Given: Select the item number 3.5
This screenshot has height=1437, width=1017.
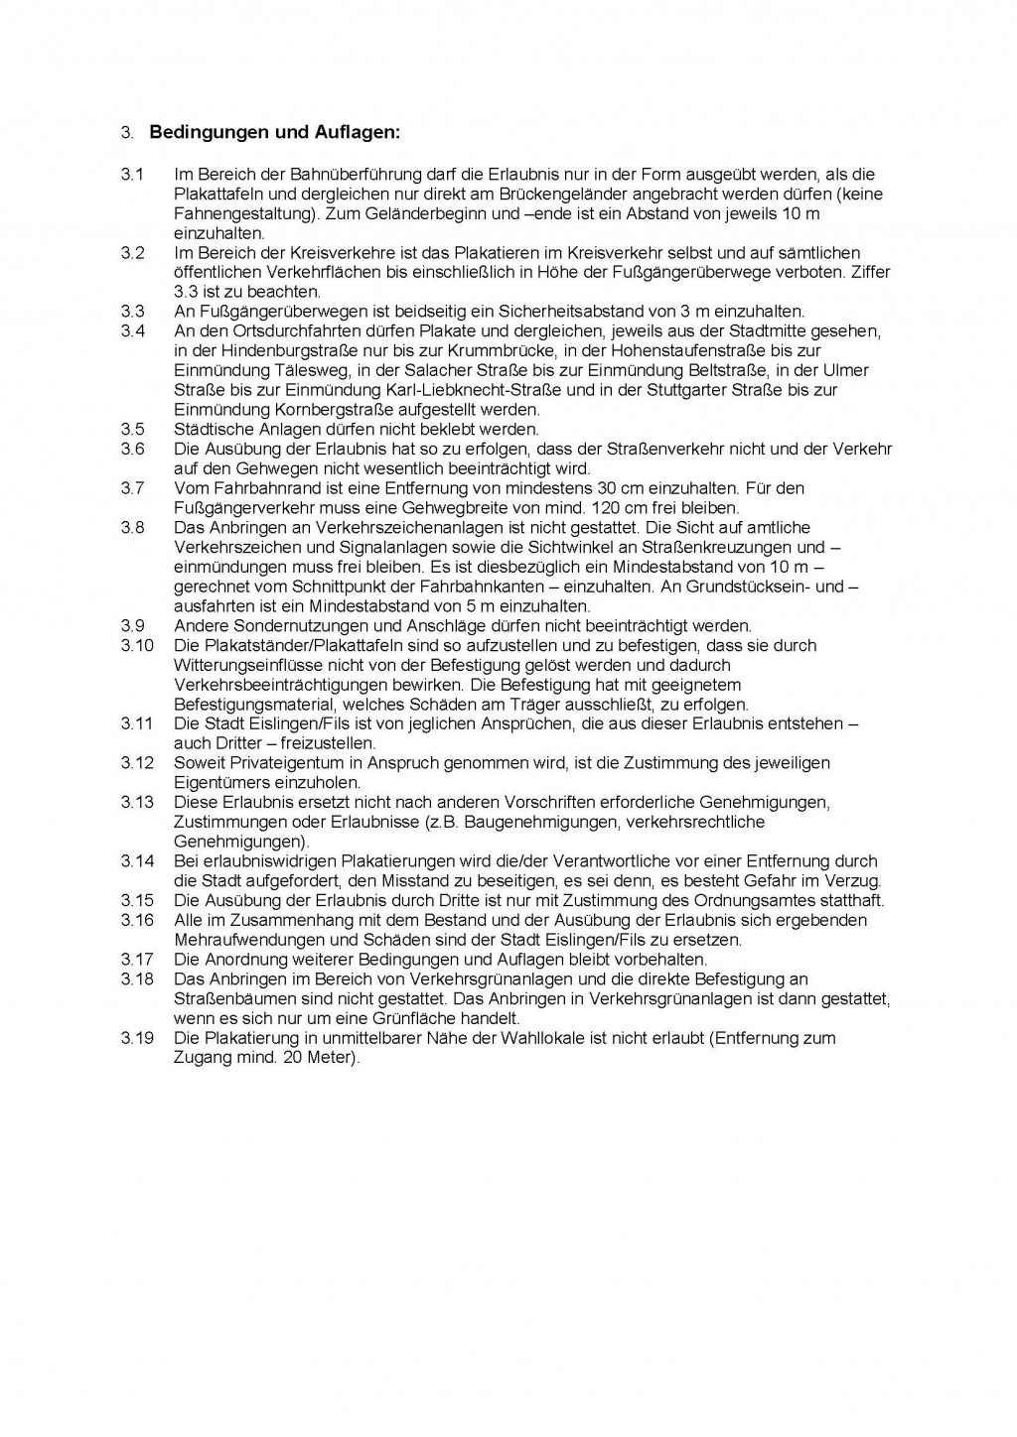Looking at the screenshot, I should [x=133, y=430].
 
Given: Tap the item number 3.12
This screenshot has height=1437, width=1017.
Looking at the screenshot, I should [x=137, y=763].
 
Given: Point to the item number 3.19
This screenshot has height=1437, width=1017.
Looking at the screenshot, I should [x=137, y=1038].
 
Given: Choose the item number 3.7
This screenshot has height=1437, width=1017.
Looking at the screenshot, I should [x=133, y=488].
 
